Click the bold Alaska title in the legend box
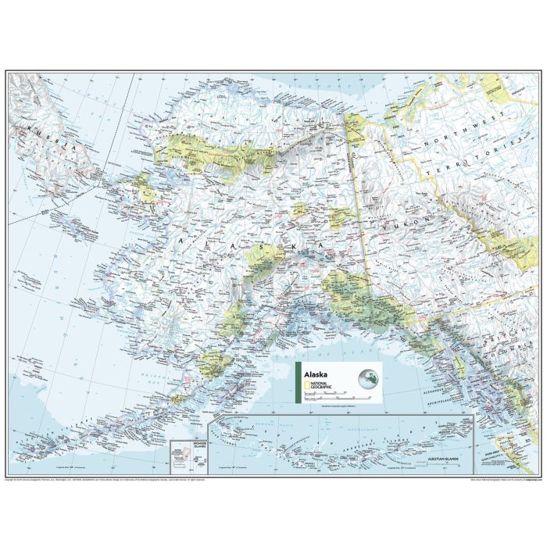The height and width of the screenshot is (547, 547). point(316,374)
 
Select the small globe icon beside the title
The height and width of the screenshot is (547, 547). point(367,381)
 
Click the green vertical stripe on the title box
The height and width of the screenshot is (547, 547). point(296,382)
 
